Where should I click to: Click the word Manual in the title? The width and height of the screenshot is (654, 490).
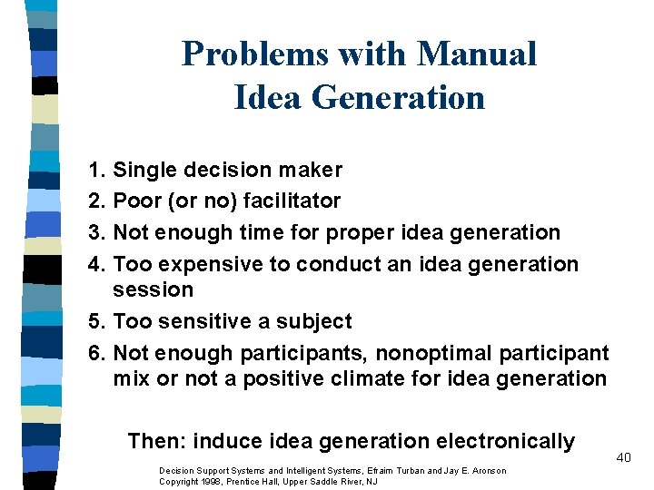(x=477, y=54)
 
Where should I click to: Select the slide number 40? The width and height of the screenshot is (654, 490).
(x=623, y=457)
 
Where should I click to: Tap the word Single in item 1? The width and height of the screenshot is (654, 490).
(x=146, y=170)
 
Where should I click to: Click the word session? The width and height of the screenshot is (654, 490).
(x=154, y=289)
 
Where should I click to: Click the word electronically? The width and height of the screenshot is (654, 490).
(x=505, y=441)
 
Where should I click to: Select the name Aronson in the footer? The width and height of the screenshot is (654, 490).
(x=487, y=470)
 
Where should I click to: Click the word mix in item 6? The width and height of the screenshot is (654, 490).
(x=132, y=377)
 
